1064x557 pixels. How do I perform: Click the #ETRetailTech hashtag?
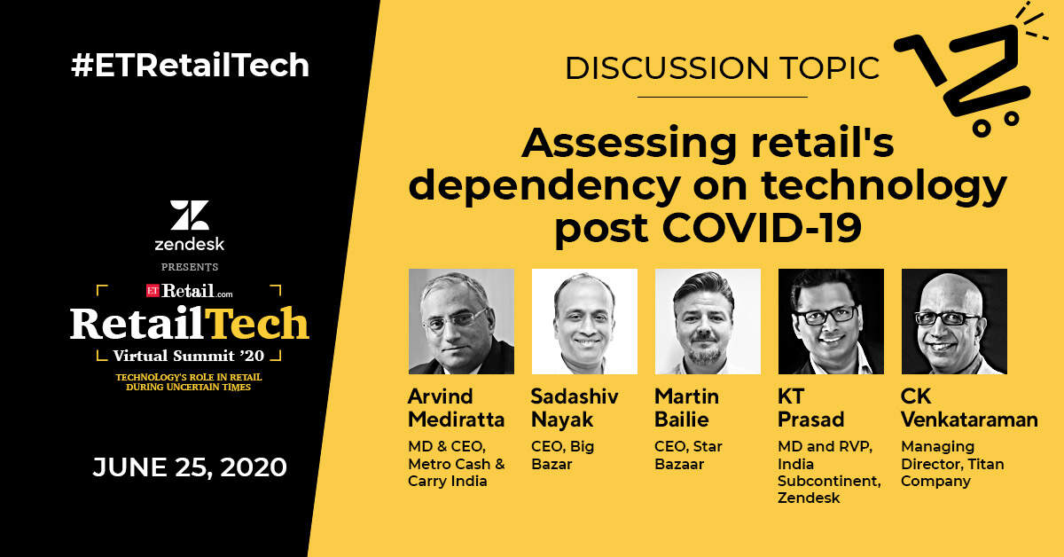tap(190, 65)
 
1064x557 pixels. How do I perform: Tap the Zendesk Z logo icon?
tap(190, 215)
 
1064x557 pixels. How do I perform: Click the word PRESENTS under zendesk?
tap(190, 267)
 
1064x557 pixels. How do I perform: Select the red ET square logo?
tap(153, 290)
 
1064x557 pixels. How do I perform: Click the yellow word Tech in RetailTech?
tap(258, 324)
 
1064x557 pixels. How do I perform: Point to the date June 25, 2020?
tap(190, 467)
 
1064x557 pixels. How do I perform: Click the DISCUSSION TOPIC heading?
tap(722, 68)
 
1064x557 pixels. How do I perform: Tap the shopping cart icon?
tap(969, 76)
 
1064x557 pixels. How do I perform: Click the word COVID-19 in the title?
tap(762, 228)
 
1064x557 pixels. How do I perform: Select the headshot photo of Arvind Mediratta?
tap(461, 321)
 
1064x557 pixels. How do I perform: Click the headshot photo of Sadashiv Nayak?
tap(584, 321)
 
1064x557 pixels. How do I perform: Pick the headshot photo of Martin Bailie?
tap(708, 321)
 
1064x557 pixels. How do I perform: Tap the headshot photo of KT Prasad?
tap(832, 321)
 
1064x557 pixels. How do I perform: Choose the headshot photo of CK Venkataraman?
tap(954, 321)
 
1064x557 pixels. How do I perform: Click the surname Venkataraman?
tap(969, 420)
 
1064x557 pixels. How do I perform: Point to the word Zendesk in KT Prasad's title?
tap(809, 498)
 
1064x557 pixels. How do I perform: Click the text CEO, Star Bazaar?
tap(688, 455)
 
